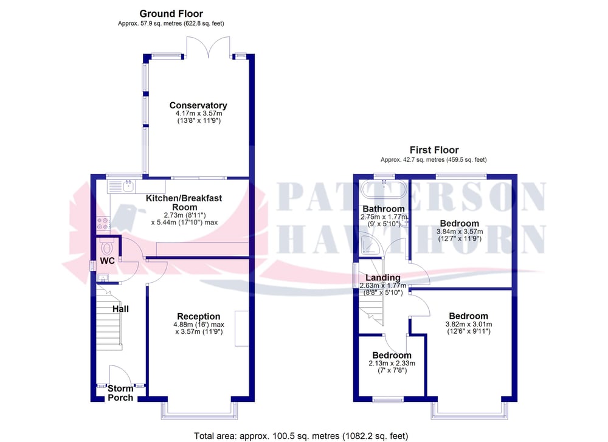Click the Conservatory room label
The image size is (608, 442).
(x=198, y=105)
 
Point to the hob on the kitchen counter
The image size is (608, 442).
(x=103, y=223)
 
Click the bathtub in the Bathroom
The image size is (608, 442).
(x=384, y=190)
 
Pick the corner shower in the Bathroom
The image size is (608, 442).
(x=370, y=245)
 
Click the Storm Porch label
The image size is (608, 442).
(x=120, y=393)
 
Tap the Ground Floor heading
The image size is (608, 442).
(x=171, y=14)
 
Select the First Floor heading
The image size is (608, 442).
(x=434, y=150)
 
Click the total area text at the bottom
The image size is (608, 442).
(x=301, y=436)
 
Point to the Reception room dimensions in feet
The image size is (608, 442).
(x=199, y=331)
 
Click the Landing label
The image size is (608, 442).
(x=382, y=278)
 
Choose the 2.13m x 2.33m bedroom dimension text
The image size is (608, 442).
(x=392, y=364)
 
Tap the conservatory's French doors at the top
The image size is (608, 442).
(x=208, y=47)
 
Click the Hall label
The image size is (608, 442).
(x=120, y=309)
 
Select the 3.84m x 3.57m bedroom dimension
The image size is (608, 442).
(x=460, y=232)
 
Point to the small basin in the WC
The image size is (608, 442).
(x=103, y=277)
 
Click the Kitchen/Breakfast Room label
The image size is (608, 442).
(x=184, y=203)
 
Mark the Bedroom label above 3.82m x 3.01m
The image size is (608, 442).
(x=468, y=316)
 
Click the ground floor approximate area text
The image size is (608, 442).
(x=171, y=24)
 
